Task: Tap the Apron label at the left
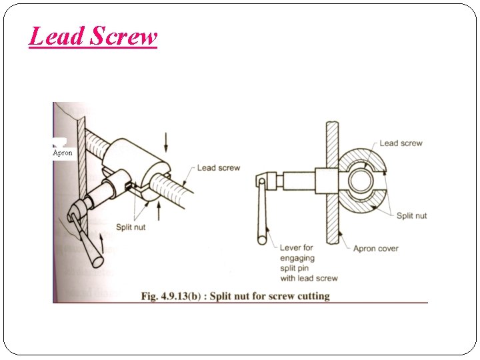click(x=63, y=153)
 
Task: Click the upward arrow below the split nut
click(x=159, y=212)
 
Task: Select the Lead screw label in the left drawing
click(x=218, y=167)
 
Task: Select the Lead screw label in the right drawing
click(x=401, y=143)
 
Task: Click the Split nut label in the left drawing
click(x=131, y=227)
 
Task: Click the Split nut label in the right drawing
click(x=411, y=215)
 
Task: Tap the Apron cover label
click(x=375, y=249)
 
